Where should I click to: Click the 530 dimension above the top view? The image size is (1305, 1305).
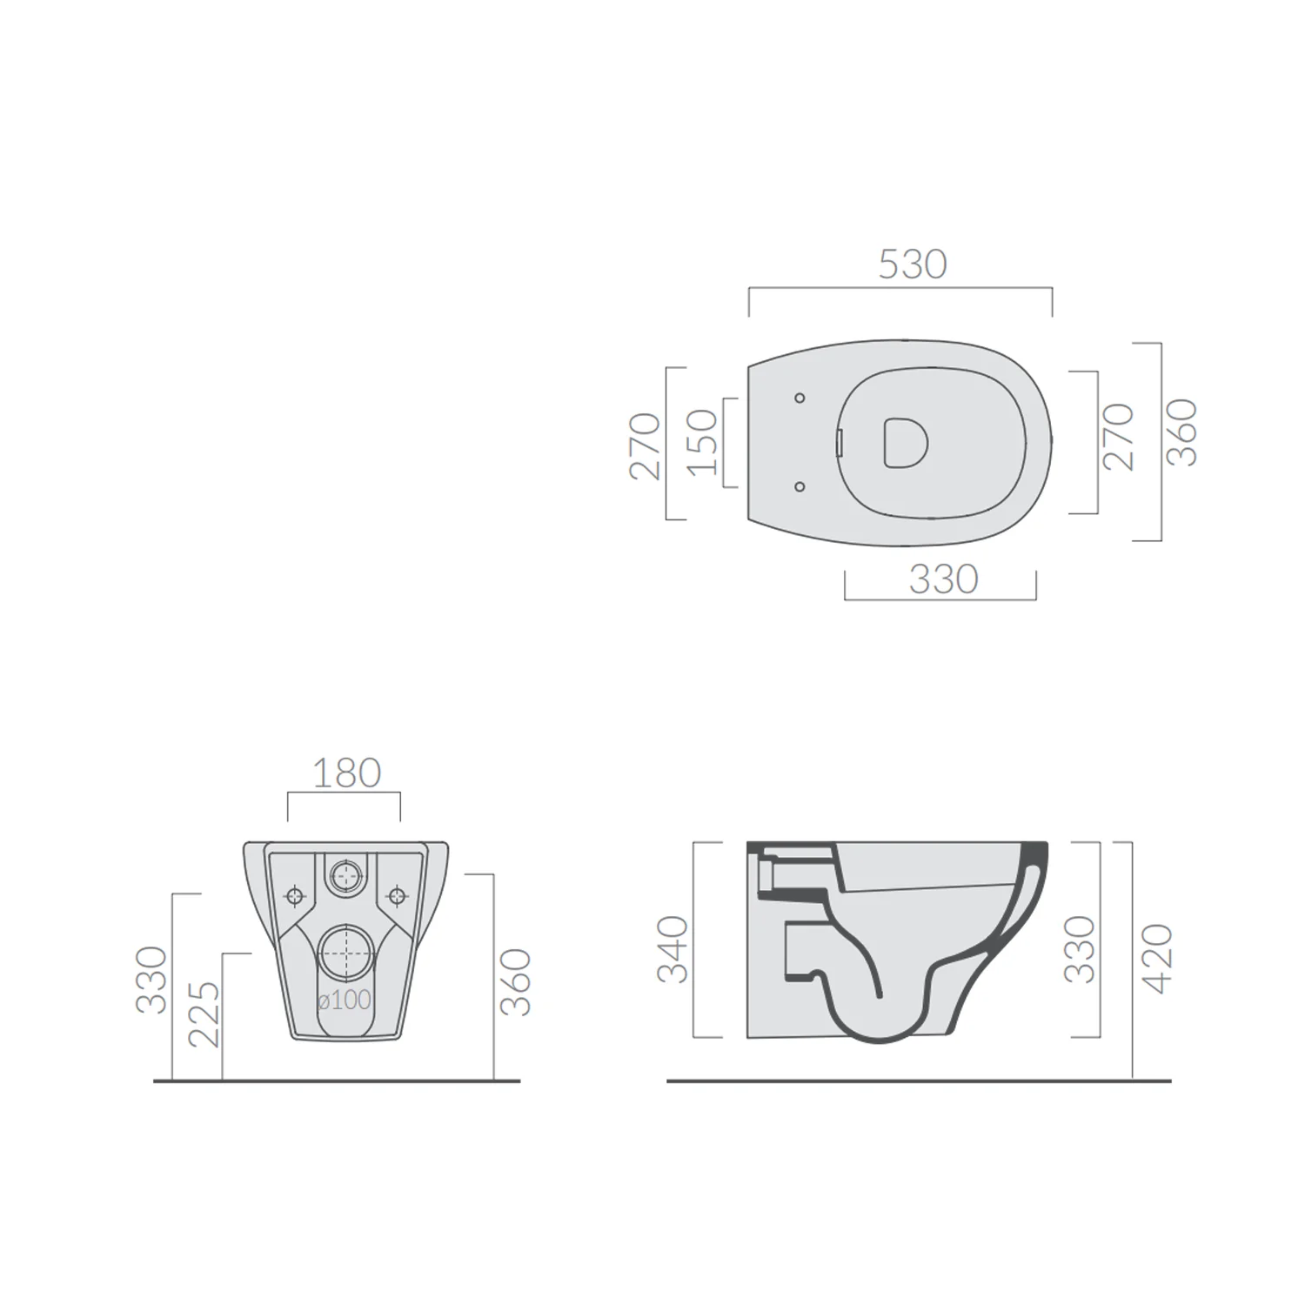tap(912, 264)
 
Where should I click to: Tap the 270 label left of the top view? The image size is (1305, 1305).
tap(646, 445)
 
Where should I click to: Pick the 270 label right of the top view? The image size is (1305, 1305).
tap(1119, 437)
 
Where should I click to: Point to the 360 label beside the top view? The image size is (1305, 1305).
tap(1181, 432)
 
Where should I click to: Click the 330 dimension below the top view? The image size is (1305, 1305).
tap(944, 579)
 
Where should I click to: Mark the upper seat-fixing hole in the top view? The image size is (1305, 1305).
tap(800, 398)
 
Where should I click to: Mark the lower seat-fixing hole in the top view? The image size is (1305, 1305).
tap(800, 487)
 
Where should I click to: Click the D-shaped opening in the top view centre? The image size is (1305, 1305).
tap(906, 442)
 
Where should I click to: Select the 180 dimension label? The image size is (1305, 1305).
tap(346, 773)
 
